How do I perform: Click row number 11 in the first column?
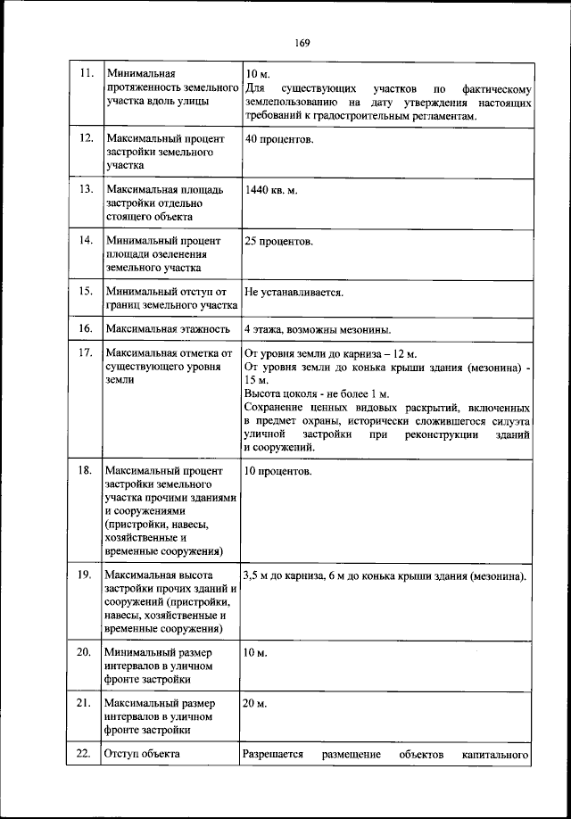pos(87,73)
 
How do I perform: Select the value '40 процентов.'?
pos(278,140)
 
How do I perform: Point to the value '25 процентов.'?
pos(278,242)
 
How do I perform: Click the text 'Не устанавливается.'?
pos(294,292)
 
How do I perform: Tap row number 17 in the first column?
pos(87,353)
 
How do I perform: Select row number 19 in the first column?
pos(87,575)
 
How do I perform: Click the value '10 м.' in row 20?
pos(256,652)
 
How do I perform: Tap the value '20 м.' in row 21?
pos(256,704)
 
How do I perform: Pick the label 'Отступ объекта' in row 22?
pos(143,755)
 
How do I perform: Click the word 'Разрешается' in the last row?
pos(273,755)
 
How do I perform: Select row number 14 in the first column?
pos(87,241)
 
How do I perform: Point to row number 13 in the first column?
pos(87,190)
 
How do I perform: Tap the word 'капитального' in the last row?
pos(498,755)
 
